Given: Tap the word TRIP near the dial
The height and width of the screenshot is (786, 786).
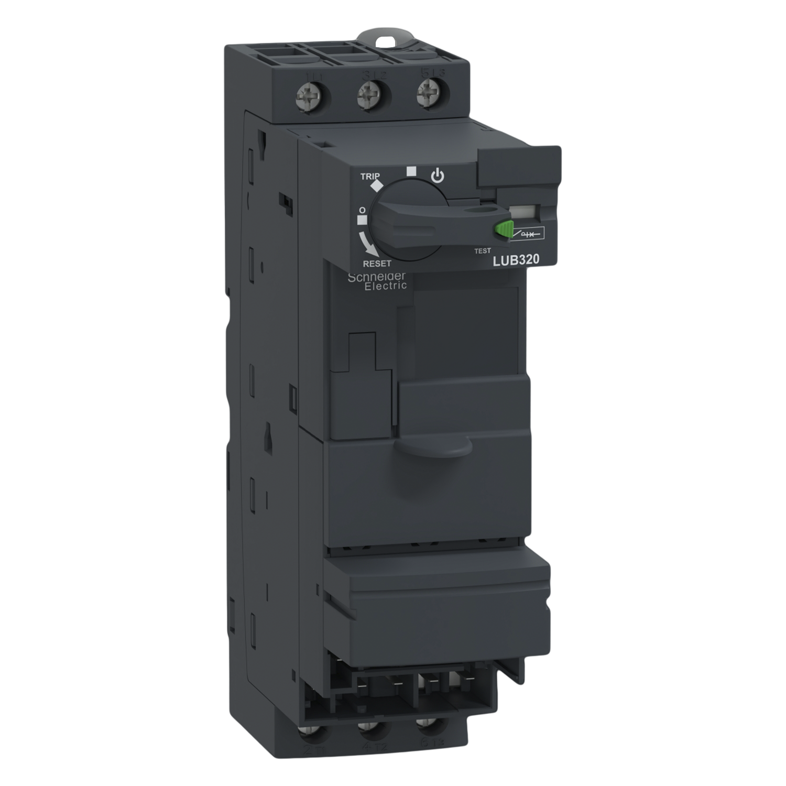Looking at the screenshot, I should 370,177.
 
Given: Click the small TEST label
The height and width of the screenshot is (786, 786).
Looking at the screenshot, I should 482,251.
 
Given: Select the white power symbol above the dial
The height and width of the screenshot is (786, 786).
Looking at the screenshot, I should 437,176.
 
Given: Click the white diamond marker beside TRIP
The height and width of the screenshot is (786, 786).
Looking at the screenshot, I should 376,186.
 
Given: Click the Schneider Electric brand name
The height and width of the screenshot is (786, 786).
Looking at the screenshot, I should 377,281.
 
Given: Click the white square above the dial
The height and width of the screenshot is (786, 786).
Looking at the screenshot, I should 411,171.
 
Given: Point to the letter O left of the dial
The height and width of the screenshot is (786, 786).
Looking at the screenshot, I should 361,210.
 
